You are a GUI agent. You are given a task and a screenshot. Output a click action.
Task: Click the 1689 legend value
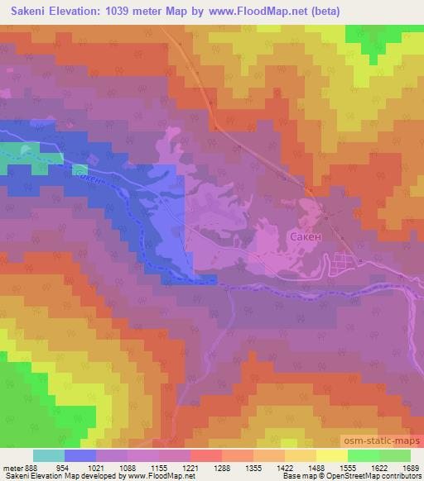(410, 467)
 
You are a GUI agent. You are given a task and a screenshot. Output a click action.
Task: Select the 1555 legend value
(348, 467)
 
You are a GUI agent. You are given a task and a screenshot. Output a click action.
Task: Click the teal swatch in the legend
(48, 455)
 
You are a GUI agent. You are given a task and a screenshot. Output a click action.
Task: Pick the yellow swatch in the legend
(331, 455)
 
